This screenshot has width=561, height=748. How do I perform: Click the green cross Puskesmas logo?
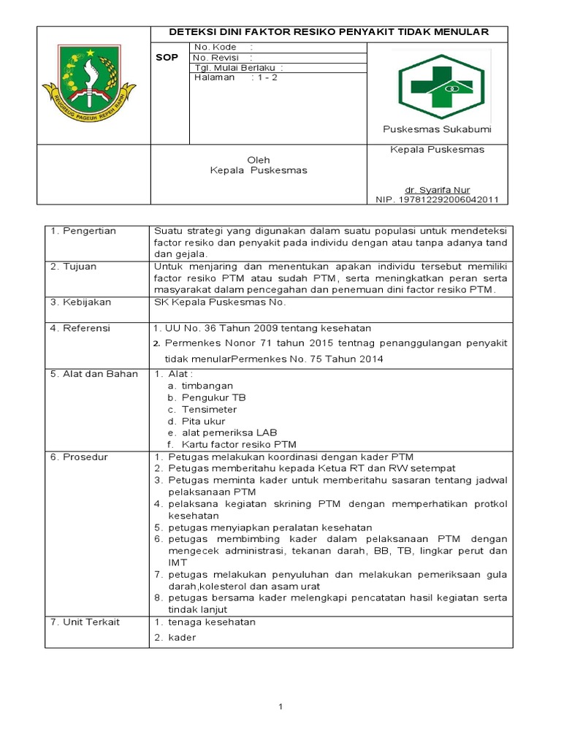(440, 86)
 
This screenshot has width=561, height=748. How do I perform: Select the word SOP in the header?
(167, 57)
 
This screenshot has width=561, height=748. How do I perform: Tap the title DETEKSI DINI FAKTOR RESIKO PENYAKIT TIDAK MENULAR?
(329, 33)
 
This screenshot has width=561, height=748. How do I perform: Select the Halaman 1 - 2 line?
(236, 77)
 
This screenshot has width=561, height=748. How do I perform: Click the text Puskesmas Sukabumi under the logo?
(437, 129)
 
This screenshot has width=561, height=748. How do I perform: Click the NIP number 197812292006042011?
(437, 199)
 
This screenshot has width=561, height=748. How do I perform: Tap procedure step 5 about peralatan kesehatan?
(267, 527)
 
